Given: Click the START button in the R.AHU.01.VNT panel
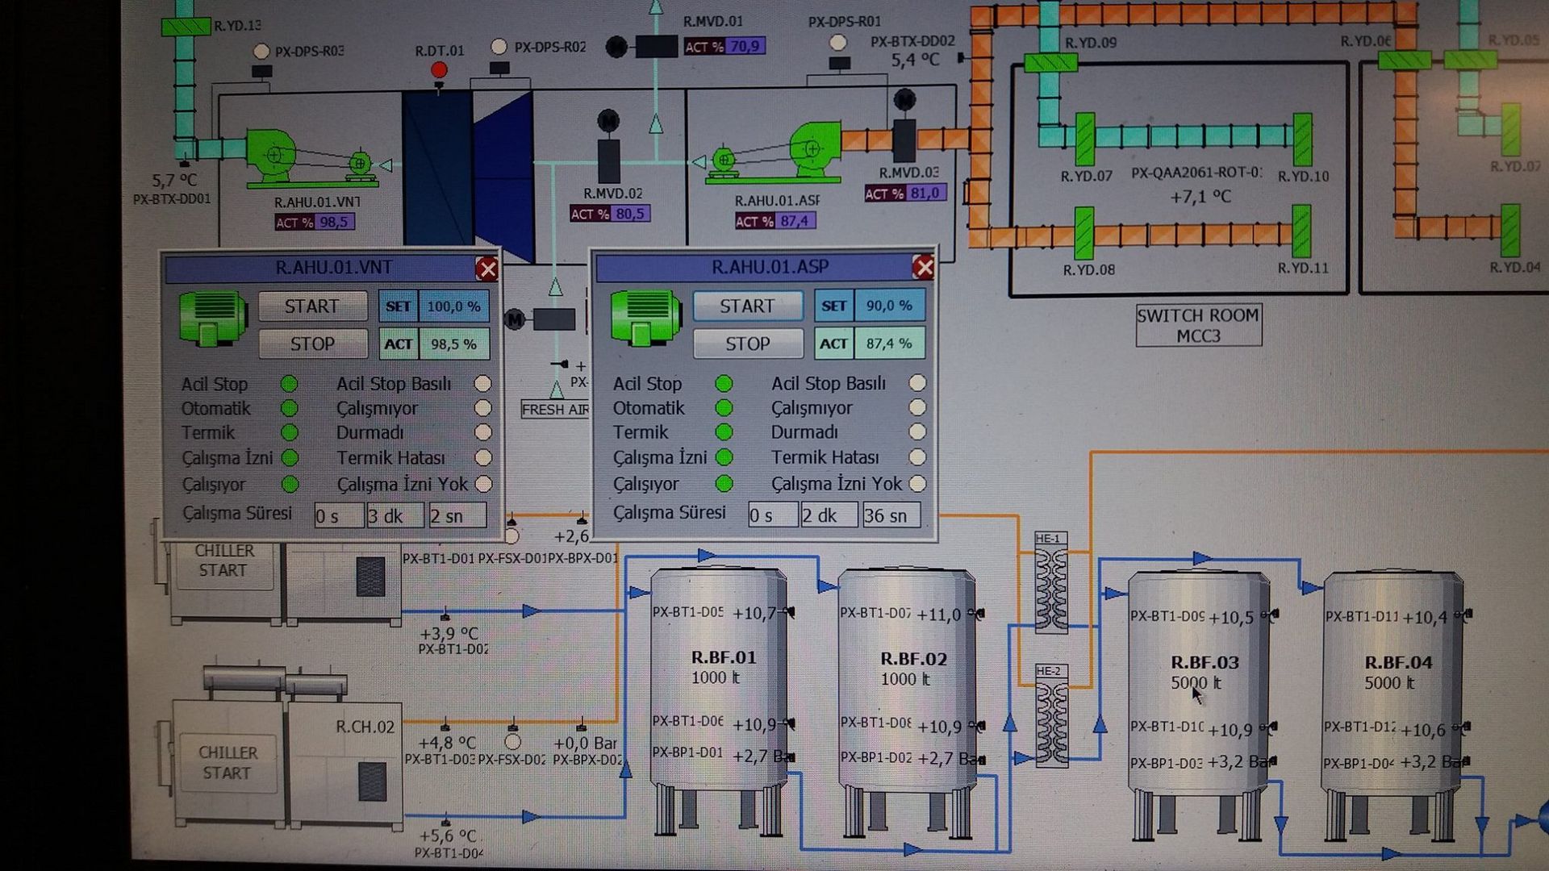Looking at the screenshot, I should tap(312, 306).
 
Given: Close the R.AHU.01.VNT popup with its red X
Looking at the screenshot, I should tap(486, 269).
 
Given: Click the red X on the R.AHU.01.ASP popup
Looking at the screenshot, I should tap(923, 267).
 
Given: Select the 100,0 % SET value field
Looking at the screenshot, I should tap(453, 306).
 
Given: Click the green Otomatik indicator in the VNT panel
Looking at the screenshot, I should tap(289, 408).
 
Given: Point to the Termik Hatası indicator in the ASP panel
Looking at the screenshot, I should tap(917, 457).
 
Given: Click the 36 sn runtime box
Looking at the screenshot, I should tap(890, 515).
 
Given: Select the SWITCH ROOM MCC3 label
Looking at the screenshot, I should tap(1198, 325).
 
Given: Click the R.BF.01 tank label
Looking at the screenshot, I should tap(724, 657).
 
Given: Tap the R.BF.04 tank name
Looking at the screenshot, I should tap(1398, 662).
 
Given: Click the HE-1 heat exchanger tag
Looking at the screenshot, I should tap(1049, 539).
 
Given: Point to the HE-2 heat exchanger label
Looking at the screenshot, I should tap(1049, 671).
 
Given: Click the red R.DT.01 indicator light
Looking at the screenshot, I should tap(439, 69).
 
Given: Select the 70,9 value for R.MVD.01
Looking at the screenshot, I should tap(744, 47).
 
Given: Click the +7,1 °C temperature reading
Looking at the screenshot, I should tap(1200, 197).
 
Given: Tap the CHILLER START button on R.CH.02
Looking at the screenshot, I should tap(228, 762).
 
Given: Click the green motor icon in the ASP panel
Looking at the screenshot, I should tap(645, 317).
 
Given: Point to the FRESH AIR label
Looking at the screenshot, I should tap(556, 410).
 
